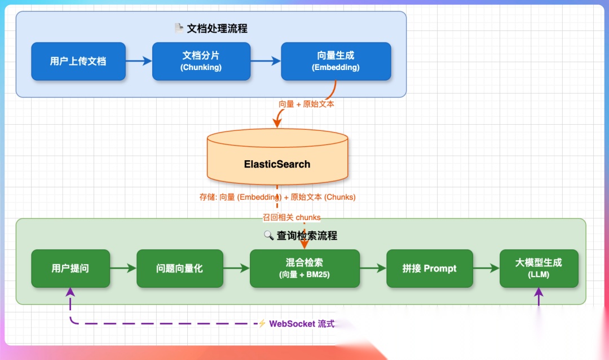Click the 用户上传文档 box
(78, 61)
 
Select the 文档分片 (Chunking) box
(201, 61)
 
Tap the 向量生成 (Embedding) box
(336, 61)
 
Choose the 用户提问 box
(70, 269)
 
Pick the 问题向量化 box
(179, 269)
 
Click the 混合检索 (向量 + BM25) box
(304, 269)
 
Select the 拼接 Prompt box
(429, 269)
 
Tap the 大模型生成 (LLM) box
(539, 269)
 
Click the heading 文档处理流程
(217, 28)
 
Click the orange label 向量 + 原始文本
(306, 104)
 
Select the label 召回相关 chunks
(291, 217)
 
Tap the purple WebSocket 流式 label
(301, 324)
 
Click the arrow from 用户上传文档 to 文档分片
(139, 61)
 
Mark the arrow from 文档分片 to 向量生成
(265, 61)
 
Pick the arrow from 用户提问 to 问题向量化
(123, 269)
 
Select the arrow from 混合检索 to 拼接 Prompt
(373, 269)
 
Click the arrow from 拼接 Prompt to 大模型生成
(486, 269)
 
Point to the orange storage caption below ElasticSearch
(277, 197)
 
